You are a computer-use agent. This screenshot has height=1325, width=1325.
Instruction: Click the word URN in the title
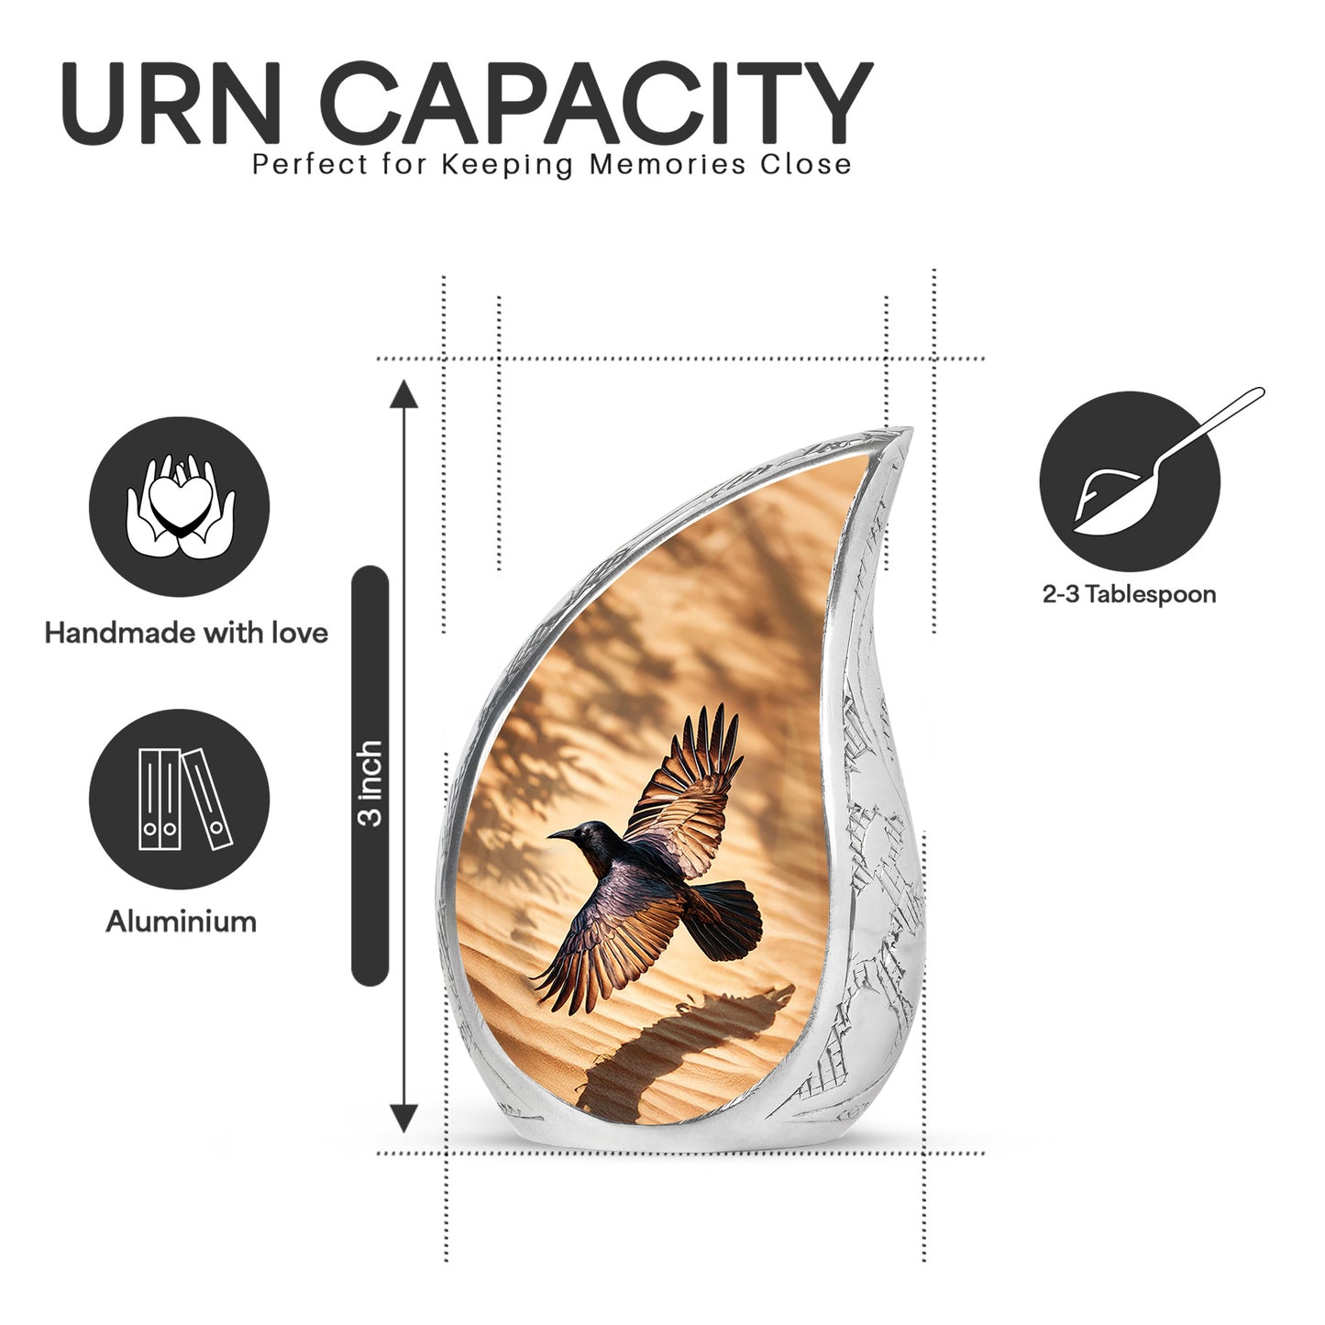[171, 103]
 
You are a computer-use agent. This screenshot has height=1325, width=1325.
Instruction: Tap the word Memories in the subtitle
[667, 165]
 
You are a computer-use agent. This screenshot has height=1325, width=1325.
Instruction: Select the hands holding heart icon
[180, 507]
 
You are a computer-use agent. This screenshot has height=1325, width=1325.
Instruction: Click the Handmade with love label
[186, 634]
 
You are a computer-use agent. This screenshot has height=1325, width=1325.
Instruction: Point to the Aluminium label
[181, 922]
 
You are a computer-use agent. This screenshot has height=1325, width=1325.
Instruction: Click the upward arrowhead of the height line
[403, 394]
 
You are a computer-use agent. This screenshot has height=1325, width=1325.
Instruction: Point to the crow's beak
[560, 834]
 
